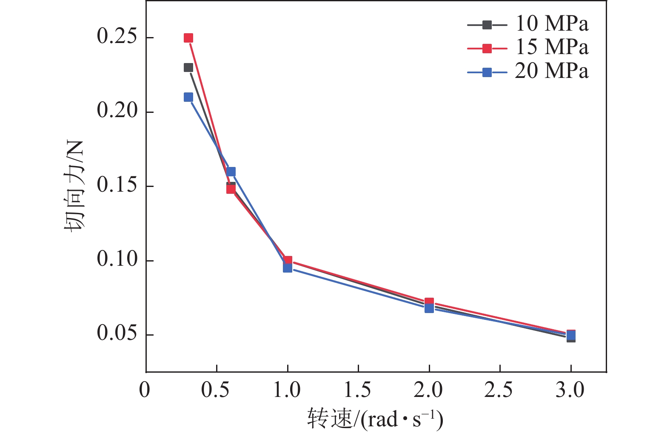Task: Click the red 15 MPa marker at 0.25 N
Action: pyautogui.click(x=188, y=38)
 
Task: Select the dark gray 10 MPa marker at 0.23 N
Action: pyautogui.click(x=188, y=68)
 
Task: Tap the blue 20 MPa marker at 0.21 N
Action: pyautogui.click(x=188, y=97)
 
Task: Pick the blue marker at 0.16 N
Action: pyautogui.click(x=231, y=172)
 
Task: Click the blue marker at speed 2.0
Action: pyautogui.click(x=429, y=308)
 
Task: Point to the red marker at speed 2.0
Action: pyautogui.click(x=429, y=302)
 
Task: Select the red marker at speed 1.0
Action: pyautogui.click(x=288, y=260)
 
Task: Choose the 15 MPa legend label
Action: pyautogui.click(x=552, y=47)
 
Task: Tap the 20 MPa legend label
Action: pyautogui.click(x=552, y=71)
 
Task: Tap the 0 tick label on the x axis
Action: pyautogui.click(x=145, y=390)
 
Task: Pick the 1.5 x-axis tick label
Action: pyautogui.click(x=358, y=390)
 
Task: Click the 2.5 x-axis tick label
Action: pyautogui.click(x=499, y=390)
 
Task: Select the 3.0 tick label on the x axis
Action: pyautogui.click(x=570, y=390)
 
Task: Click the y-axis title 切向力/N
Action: pyautogui.click(x=74, y=186)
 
